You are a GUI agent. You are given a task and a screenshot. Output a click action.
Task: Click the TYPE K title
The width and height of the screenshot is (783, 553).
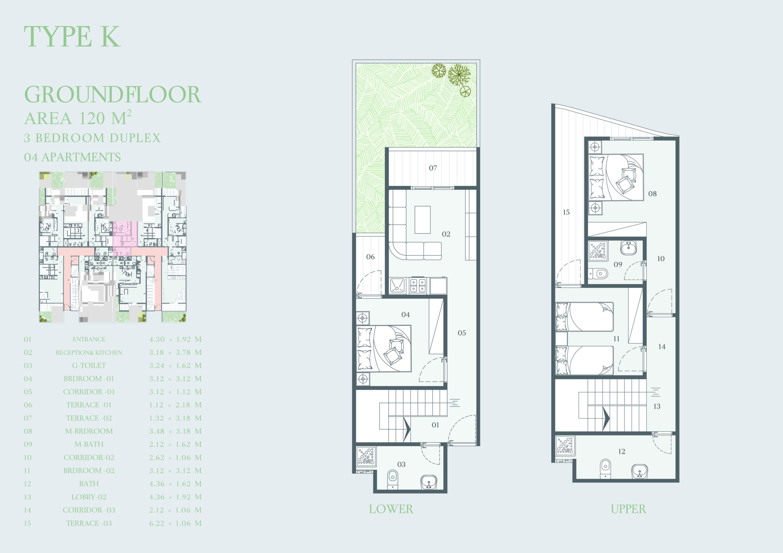pyautogui.click(x=72, y=36)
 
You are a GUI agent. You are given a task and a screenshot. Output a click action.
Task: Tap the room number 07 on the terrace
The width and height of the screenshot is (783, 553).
pyautogui.click(x=433, y=168)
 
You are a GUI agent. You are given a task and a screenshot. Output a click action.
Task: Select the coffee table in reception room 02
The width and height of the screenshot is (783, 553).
pyautogui.click(x=422, y=220)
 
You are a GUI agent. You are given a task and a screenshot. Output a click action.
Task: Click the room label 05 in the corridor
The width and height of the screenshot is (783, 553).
pyautogui.click(x=462, y=333)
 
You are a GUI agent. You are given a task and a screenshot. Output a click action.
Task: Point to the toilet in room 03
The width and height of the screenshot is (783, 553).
pyautogui.click(x=393, y=479)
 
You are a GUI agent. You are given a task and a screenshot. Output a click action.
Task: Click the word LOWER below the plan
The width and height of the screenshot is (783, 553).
pyautogui.click(x=391, y=509)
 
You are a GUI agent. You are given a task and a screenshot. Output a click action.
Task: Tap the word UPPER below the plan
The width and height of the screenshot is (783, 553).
pyautogui.click(x=628, y=509)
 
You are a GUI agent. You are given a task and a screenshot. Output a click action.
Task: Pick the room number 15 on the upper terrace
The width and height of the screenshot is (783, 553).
pyautogui.click(x=566, y=212)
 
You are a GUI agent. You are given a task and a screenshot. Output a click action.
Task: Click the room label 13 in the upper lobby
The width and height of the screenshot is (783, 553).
pyautogui.click(x=657, y=406)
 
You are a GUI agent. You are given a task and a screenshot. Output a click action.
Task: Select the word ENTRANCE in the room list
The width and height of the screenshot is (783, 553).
pyautogui.click(x=89, y=339)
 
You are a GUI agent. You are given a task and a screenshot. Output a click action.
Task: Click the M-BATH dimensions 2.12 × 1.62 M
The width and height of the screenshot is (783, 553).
pyautogui.click(x=175, y=444)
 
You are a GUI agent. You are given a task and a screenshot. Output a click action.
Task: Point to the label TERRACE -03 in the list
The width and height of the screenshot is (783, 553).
pyautogui.click(x=89, y=523)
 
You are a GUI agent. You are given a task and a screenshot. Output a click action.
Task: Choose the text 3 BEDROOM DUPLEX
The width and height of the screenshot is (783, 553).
pyautogui.click(x=92, y=138)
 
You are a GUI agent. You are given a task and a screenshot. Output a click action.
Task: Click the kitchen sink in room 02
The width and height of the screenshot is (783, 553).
pyautogui.click(x=397, y=286)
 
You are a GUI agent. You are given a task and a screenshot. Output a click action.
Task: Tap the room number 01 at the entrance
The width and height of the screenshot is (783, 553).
pyautogui.click(x=436, y=425)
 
